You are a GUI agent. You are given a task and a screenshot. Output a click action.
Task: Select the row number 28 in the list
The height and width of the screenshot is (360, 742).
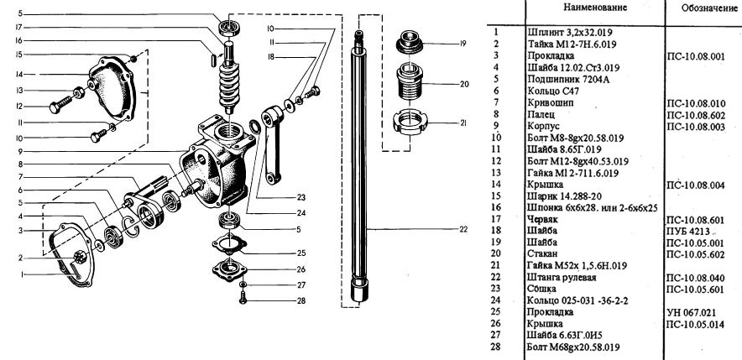(x=496, y=345)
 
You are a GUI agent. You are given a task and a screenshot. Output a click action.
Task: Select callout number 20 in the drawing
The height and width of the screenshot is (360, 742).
(x=462, y=84)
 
